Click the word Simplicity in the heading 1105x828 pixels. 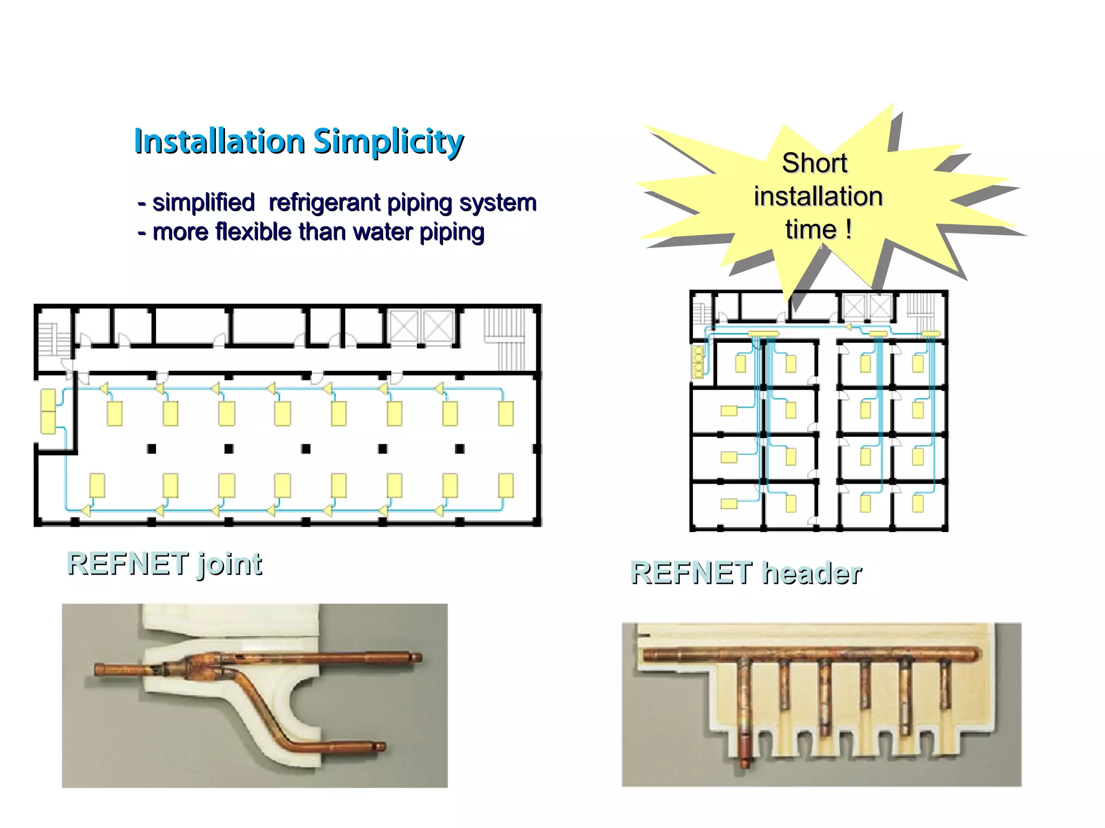pos(388,141)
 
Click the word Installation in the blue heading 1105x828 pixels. pos(220,141)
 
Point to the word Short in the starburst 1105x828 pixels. pos(814,163)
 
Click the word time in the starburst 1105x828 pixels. pos(810,230)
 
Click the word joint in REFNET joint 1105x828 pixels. pos(229,564)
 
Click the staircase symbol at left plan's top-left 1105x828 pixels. pos(54,339)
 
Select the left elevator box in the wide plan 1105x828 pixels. pos(404,326)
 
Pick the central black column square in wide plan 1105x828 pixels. pos(306,448)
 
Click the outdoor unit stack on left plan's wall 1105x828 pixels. pos(48,411)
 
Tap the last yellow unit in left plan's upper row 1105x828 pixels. pos(506,413)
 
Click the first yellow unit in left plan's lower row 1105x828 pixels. pos(97,485)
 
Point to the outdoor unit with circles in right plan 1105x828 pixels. pos(698,362)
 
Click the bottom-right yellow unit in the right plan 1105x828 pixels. pos(917,503)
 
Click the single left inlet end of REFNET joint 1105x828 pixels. pos(100,670)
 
